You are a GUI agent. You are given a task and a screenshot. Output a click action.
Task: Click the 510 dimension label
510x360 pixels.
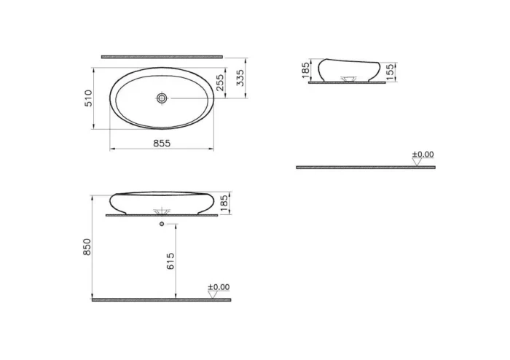coord(87,98)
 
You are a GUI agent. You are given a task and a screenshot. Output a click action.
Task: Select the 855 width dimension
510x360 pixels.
coord(162,143)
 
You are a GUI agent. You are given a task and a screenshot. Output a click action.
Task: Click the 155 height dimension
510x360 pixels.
coord(391,70)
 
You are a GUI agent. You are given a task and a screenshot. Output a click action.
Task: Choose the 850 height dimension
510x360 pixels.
coord(87,247)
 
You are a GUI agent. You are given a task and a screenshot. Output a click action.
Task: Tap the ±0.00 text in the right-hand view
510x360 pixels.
coord(423,154)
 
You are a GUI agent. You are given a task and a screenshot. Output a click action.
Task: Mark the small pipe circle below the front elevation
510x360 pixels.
coord(161,224)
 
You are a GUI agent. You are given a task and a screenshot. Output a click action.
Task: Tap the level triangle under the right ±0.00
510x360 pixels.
coord(417,163)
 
